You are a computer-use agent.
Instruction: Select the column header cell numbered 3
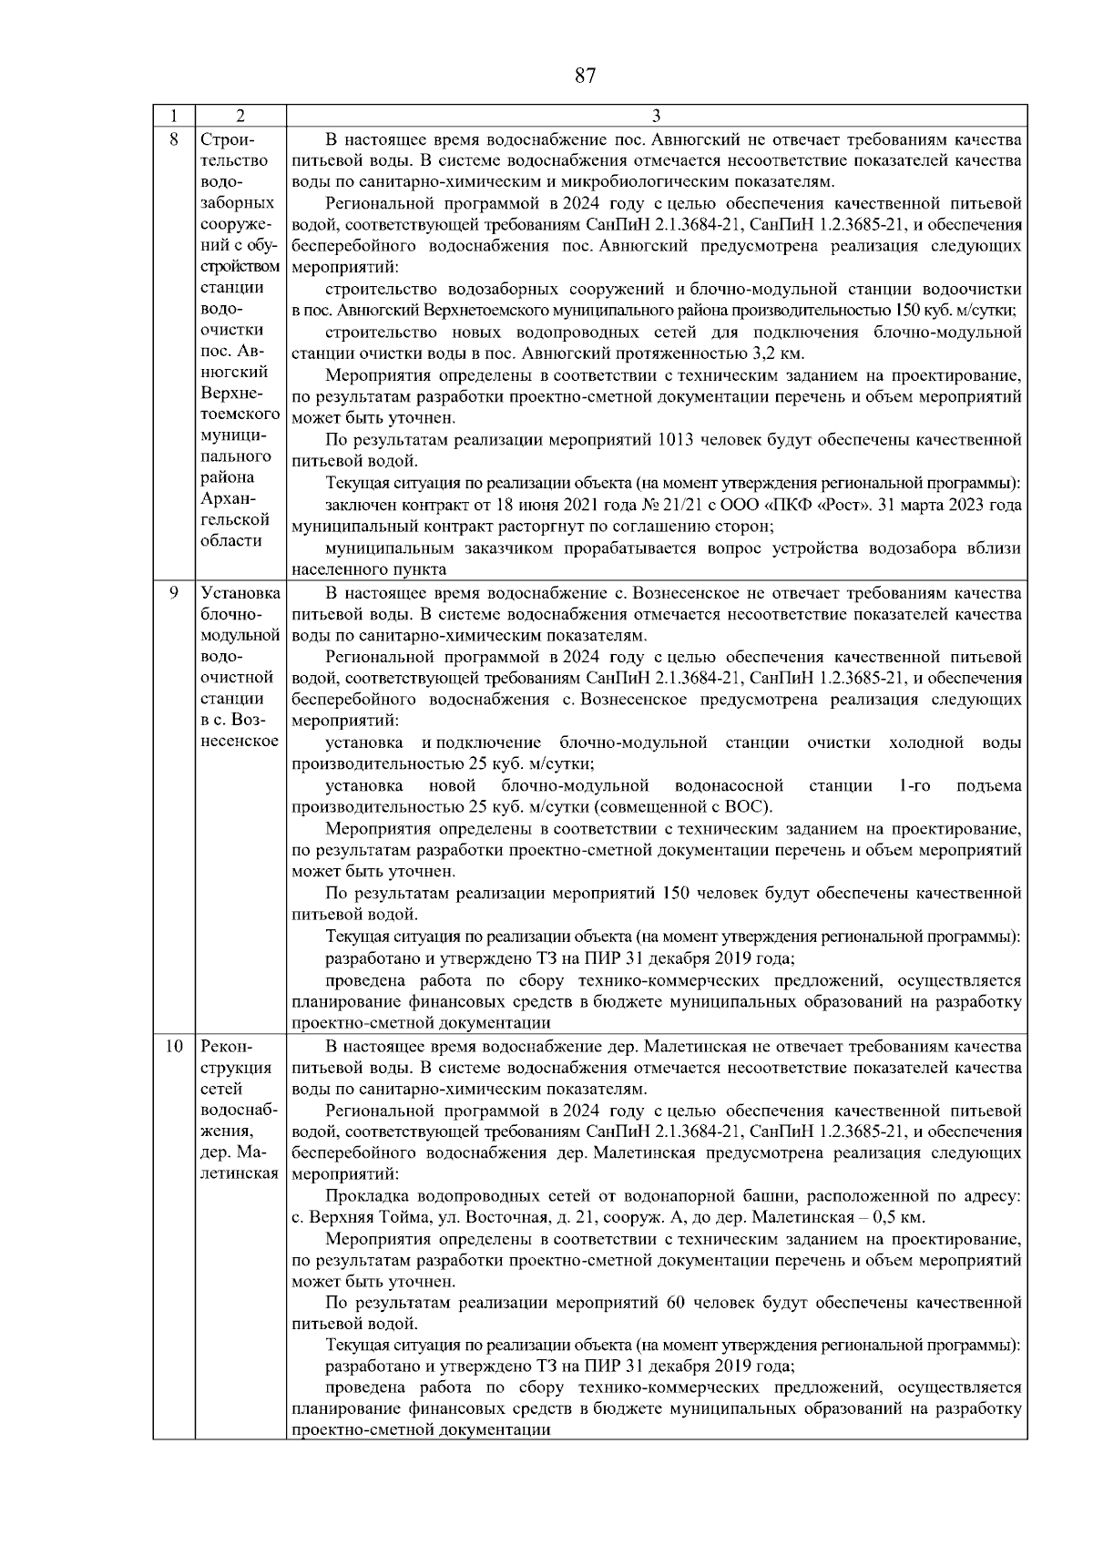coord(656,117)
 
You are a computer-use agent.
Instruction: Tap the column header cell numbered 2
coord(240,117)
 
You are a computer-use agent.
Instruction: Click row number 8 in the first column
coord(174,139)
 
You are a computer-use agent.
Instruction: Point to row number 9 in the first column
coord(174,593)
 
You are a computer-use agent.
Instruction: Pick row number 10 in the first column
coord(174,1046)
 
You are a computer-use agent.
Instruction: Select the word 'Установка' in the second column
coord(240,593)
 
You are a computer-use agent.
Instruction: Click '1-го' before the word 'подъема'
coord(914,785)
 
